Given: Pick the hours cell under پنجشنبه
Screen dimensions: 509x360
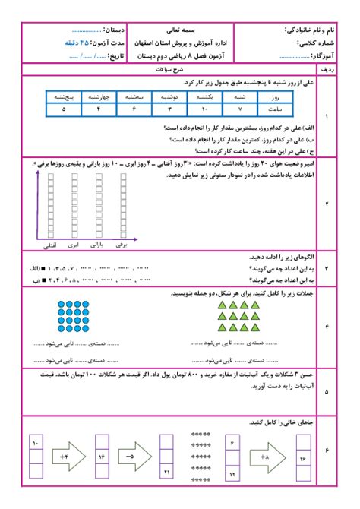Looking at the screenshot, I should point(63,109).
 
